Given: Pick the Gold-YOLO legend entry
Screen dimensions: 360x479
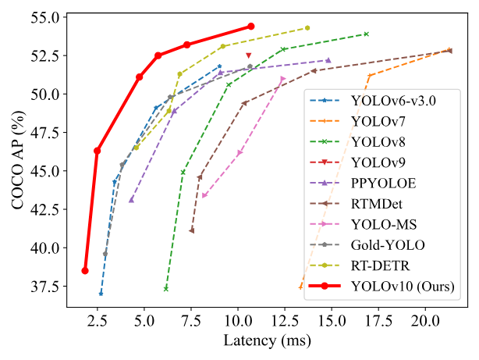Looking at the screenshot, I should [389, 245].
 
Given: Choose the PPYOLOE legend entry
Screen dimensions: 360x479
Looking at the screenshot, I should [383, 184].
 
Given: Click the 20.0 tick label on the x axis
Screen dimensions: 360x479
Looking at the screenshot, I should [424, 321].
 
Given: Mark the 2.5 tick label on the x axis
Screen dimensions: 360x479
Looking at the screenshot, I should [97, 321].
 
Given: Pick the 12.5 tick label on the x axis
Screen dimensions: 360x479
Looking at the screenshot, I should [284, 321].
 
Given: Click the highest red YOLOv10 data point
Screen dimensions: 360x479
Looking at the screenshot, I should [250, 26].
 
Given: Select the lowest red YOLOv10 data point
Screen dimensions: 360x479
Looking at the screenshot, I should [85, 271].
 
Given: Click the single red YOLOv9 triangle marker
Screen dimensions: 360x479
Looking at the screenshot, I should [249, 55].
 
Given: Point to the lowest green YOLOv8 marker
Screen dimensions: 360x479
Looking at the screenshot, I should [165, 289].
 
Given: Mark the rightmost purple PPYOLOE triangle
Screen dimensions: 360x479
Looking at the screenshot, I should [328, 60].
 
